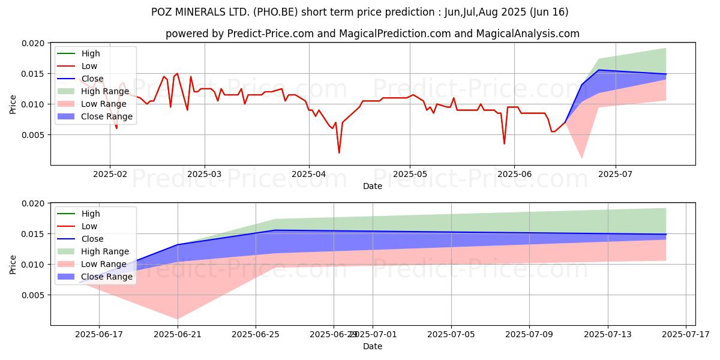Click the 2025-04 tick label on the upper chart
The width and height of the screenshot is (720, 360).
coord(309,174)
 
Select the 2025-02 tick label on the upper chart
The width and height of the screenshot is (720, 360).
coord(109,174)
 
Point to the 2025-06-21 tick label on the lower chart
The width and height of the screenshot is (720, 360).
coord(178,334)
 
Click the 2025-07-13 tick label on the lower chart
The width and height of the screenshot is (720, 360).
coord(607,334)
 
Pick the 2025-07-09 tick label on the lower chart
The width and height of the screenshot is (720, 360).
coord(529,334)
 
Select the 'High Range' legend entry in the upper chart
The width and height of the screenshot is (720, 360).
coord(104,92)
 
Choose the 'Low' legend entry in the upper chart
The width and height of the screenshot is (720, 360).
coord(89,66)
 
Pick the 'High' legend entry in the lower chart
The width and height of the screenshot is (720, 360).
coord(91,214)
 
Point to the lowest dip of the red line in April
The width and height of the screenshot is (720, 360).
coord(339,153)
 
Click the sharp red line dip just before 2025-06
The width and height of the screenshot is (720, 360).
coord(504,143)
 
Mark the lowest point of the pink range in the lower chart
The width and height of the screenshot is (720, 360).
coord(178,319)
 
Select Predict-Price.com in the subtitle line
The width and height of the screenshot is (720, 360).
coord(271,34)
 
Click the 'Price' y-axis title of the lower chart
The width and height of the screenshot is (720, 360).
coord(13,264)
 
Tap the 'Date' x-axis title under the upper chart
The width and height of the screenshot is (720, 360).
coord(372,186)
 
